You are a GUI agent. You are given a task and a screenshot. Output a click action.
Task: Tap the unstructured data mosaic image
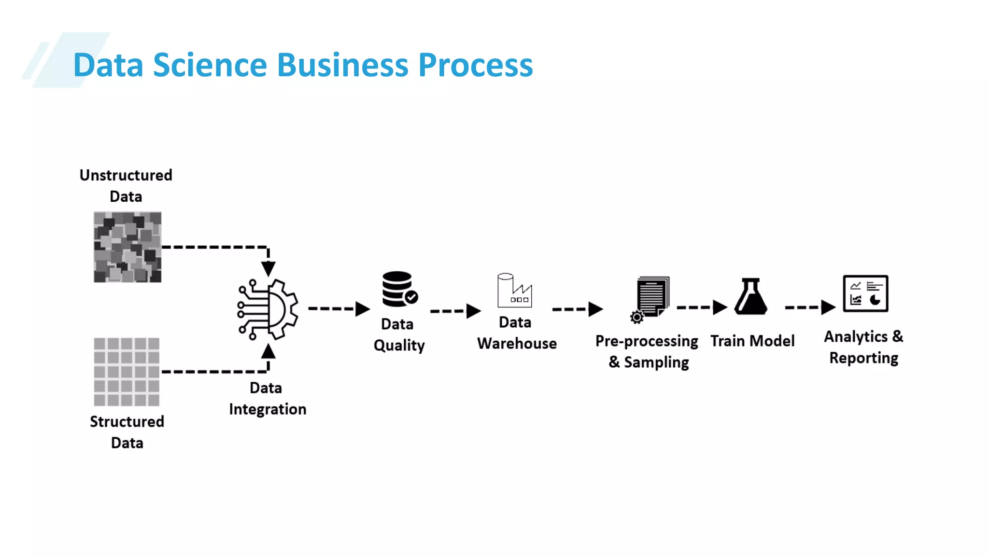point(127,247)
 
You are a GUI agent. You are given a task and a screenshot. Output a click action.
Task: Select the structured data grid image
point(127,372)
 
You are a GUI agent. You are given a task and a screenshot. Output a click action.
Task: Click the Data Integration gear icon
point(268,309)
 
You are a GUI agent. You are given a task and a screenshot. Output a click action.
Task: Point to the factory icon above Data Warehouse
point(515,291)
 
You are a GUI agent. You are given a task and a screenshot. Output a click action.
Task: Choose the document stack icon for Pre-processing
point(652,297)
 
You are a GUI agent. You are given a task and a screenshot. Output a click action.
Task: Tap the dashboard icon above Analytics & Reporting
point(865,293)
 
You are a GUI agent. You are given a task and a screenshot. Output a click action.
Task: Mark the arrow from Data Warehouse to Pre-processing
point(578,309)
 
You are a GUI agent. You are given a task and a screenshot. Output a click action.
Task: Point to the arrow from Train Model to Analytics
point(810,307)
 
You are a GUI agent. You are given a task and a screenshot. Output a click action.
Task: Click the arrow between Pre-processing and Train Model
point(702,307)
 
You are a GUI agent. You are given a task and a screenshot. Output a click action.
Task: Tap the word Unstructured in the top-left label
point(126,175)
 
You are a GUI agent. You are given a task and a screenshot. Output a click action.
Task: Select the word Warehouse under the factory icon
point(517,343)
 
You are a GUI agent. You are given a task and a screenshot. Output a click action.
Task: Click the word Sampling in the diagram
point(656,362)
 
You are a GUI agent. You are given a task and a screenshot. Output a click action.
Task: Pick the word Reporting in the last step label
point(863,358)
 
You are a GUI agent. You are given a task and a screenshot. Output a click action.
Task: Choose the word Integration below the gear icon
point(268,409)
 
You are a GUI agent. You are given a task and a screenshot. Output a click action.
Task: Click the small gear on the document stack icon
point(637,317)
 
